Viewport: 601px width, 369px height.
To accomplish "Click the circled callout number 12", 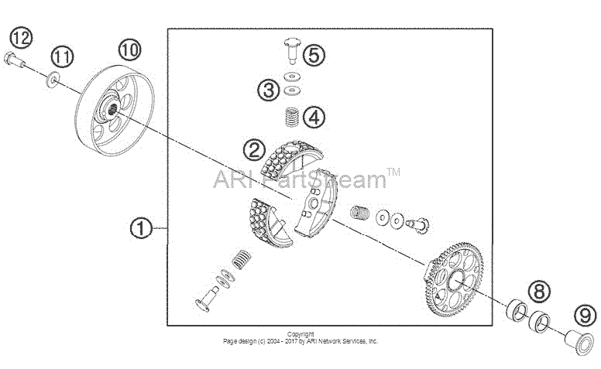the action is coord(21,37).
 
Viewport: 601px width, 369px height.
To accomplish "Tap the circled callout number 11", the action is coord(62,57).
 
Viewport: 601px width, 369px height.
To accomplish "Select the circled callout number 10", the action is coord(129,50).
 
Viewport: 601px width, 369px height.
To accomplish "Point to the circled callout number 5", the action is coord(314,55).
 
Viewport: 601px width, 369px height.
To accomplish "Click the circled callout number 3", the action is coord(268,91).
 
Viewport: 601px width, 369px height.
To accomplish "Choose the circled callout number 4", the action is coord(314,117).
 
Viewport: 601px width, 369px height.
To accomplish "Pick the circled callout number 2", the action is coord(254,149).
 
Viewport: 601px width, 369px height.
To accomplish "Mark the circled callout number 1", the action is coord(141,228).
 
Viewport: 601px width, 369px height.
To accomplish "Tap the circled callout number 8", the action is coord(539,292).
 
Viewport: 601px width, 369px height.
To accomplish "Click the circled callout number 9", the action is coord(586,316).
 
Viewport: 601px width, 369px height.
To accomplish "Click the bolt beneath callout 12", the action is coord(14,60).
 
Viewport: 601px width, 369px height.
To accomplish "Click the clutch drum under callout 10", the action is coord(114,111).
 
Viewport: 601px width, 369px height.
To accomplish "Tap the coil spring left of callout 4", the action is coord(293,117).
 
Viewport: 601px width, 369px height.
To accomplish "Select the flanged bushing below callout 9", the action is coord(579,340).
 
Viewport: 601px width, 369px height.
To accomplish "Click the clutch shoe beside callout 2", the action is coord(291,159).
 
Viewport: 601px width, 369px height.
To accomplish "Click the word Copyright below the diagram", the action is coord(300,334).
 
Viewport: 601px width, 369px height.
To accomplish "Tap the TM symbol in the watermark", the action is coord(393,172).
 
